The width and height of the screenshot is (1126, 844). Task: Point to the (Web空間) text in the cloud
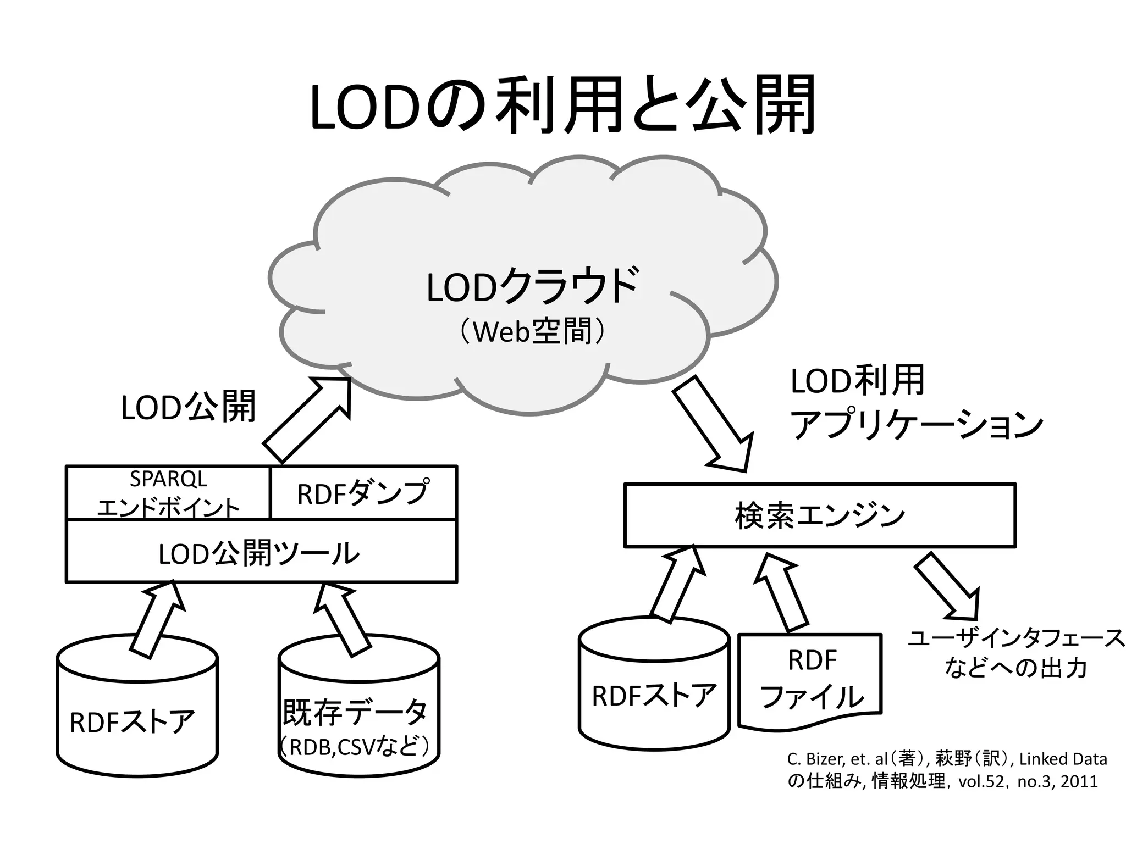532,332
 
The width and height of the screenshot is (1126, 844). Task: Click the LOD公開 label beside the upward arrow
188,407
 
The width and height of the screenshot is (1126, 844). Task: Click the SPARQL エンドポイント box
168,493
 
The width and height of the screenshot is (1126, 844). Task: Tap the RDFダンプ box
363,493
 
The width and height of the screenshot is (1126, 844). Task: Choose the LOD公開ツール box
261,552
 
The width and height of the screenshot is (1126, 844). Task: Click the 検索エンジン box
819,515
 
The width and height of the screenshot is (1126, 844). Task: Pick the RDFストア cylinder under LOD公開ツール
137,714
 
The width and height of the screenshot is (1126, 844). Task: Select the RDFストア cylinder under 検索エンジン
654,692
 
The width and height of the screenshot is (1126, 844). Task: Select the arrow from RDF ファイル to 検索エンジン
781,592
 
